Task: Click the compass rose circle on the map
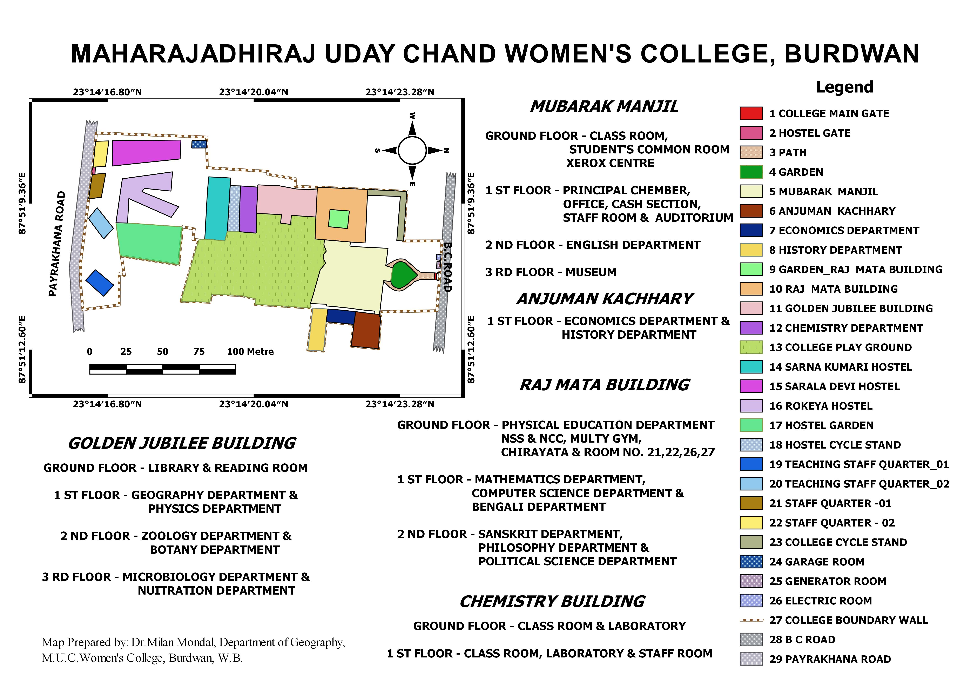click(412, 150)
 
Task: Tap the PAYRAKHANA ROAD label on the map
click(58, 244)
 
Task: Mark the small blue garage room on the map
click(199, 144)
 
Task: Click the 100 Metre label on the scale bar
click(250, 352)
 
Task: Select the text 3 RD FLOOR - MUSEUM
click(551, 272)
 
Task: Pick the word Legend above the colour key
click(844, 87)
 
